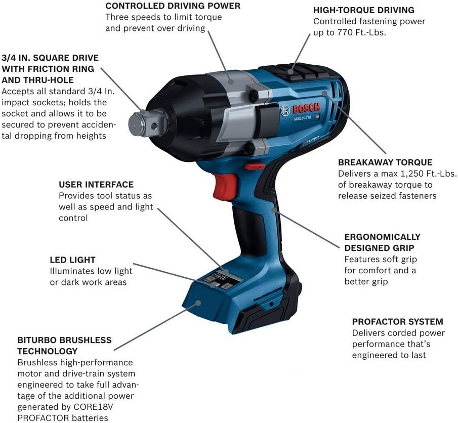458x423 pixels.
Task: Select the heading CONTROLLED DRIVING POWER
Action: click(173, 6)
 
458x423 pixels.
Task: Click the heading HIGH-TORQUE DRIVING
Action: click(364, 10)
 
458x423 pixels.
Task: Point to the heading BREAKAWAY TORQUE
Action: click(385, 162)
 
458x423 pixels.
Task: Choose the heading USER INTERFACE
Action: click(96, 185)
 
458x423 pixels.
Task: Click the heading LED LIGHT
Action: click(72, 260)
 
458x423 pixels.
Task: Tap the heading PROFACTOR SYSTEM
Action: click(397, 321)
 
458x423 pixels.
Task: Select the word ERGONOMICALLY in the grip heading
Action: click(382, 237)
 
